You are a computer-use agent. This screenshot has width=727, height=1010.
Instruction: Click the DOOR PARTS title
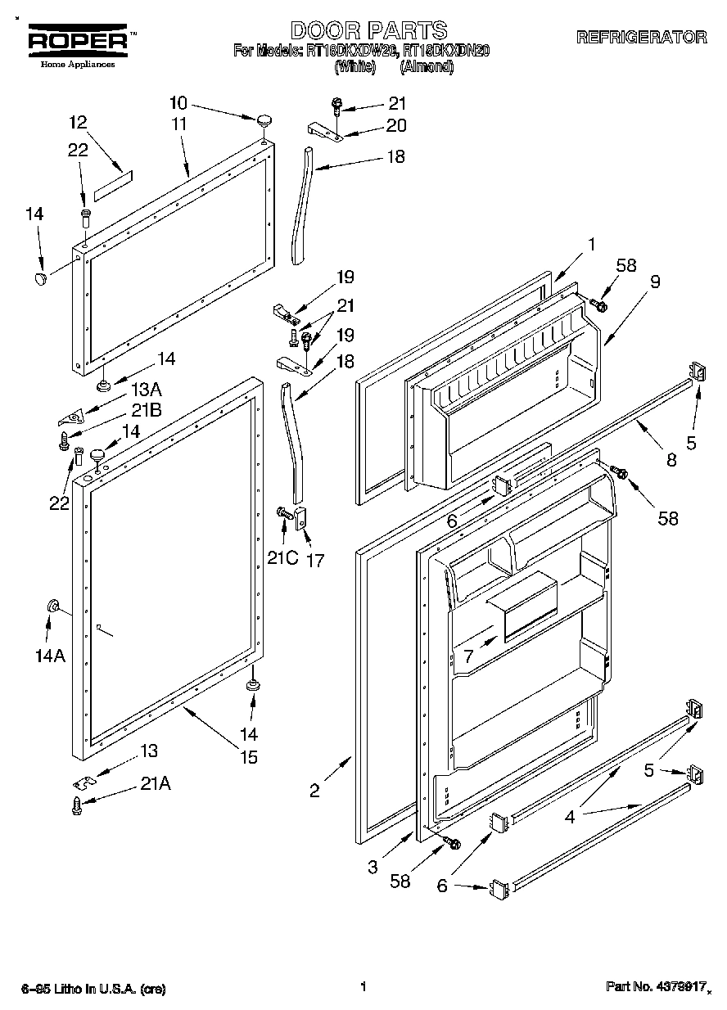(369, 31)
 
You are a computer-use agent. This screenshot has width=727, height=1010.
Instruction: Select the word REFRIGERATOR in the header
(641, 37)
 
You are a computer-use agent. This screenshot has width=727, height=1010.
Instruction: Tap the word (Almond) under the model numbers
(427, 67)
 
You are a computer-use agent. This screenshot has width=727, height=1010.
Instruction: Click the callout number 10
(178, 103)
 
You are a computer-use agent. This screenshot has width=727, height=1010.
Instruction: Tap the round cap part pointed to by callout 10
(264, 121)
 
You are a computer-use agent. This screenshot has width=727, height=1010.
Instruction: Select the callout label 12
(78, 123)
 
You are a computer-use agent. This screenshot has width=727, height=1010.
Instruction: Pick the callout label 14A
(48, 656)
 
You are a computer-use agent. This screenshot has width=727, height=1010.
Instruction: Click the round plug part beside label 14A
(54, 606)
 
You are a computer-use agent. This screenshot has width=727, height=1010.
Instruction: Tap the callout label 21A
(155, 783)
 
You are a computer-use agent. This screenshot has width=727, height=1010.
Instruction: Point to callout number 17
(314, 561)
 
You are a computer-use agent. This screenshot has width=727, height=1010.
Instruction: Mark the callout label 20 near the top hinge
(396, 126)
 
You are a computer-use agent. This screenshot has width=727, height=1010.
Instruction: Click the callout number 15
(249, 758)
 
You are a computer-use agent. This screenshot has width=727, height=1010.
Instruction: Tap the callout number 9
(655, 281)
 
